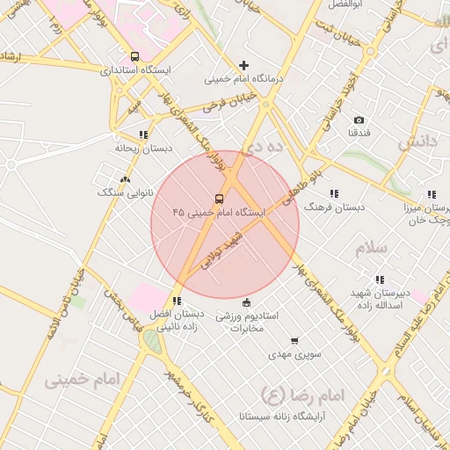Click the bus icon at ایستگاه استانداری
click(134, 55)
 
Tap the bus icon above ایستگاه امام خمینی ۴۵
click(218, 198)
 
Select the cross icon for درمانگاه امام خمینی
click(244, 65)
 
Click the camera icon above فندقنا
click(359, 120)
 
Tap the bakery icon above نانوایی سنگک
click(124, 178)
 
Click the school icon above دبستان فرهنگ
click(333, 193)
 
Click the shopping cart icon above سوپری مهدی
click(294, 339)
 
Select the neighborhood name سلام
click(372, 249)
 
